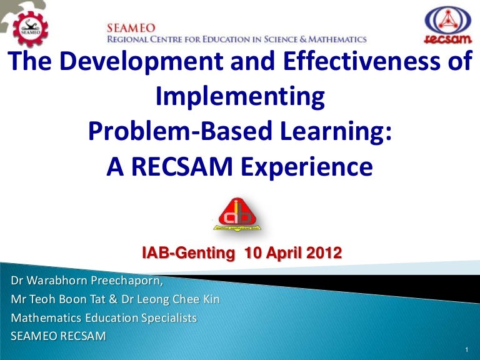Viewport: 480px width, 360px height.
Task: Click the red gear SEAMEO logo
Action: click(x=30, y=29)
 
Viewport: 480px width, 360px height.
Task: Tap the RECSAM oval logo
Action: click(x=448, y=25)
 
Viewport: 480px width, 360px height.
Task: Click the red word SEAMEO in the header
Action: click(x=131, y=29)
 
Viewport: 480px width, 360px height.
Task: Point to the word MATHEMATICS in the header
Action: click(x=337, y=39)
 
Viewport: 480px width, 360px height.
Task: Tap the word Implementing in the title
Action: click(x=240, y=97)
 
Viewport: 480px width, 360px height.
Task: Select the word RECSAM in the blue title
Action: click(x=182, y=167)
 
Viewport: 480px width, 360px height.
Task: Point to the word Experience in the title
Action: click(x=307, y=167)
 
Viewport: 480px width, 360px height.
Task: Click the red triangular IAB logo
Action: click(x=237, y=214)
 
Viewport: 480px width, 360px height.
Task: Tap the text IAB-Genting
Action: click(x=188, y=253)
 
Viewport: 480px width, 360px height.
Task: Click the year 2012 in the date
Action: click(x=324, y=253)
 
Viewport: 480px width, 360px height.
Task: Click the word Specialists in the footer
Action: click(x=169, y=318)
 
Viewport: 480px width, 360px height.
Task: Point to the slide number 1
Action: click(x=466, y=349)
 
